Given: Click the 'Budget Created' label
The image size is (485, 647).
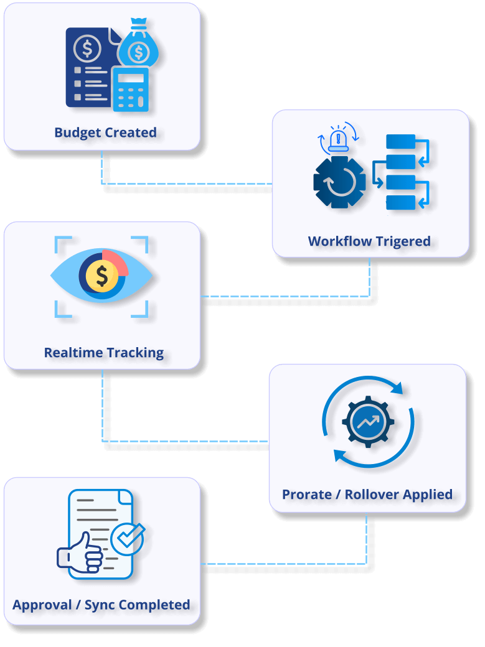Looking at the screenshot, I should pos(105,133).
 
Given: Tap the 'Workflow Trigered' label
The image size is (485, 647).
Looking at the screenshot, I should pos(369,241).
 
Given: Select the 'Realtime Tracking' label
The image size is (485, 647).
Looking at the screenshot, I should pos(104,353).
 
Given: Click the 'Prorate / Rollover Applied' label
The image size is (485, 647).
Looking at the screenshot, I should pos(367,495).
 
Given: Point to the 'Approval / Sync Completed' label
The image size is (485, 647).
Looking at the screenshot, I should pos(101,605).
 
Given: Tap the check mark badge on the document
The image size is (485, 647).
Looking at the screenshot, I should pos(128,539).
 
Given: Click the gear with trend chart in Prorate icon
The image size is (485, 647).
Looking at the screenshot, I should pos(368,422).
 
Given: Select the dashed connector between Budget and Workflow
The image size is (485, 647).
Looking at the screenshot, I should pos(187,184).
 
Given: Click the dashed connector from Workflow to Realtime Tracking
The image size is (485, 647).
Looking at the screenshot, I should pos(286,296).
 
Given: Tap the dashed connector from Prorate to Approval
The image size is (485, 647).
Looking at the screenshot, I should pos(283,564).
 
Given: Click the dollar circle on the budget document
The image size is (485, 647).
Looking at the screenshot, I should pos(87,47).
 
